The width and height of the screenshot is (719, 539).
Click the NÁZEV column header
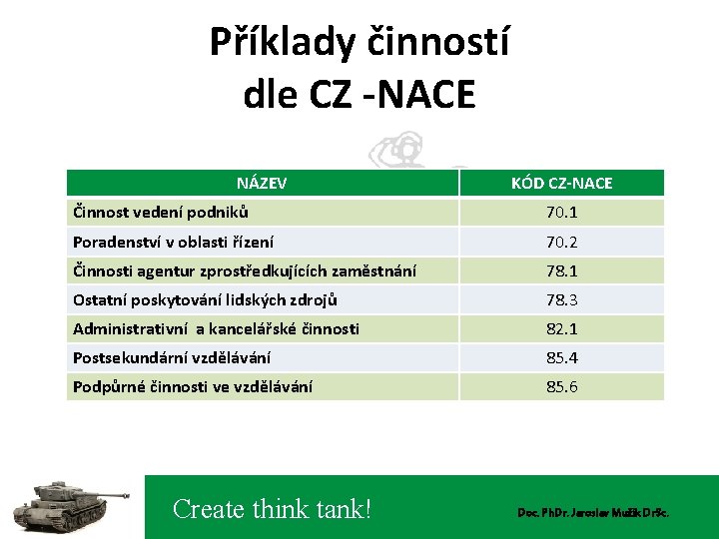click(262, 183)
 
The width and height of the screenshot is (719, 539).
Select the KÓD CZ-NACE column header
click(561, 183)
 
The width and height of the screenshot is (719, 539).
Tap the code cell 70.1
click(561, 213)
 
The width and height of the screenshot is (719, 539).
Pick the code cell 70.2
click(561, 242)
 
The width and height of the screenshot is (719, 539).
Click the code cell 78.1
click(561, 270)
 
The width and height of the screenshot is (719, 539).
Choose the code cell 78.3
click(561, 299)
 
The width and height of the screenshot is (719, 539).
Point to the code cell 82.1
click(561, 328)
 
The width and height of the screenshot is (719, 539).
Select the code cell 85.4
click(561, 357)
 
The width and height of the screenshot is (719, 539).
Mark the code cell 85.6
click(561, 386)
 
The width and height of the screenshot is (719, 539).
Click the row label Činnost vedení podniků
click(161, 212)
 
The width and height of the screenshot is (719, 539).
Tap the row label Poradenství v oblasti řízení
click(173, 242)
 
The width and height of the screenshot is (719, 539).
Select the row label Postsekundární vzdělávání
click(171, 357)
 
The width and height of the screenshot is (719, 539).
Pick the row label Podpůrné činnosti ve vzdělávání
click(192, 386)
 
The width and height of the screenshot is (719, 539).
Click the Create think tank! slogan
click(272, 509)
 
